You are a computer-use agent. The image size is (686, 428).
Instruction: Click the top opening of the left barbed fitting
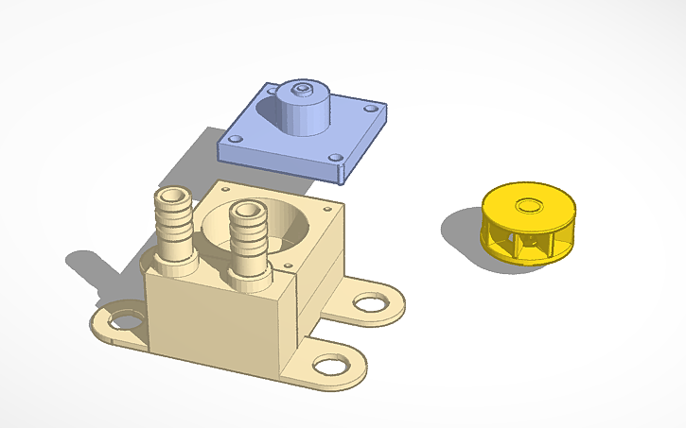[x=174, y=196]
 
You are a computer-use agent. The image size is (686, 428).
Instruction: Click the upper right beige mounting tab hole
[x=368, y=303]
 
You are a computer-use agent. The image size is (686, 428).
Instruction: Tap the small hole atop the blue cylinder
[x=302, y=89]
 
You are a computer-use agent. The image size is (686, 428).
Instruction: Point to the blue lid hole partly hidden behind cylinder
[x=272, y=92]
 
